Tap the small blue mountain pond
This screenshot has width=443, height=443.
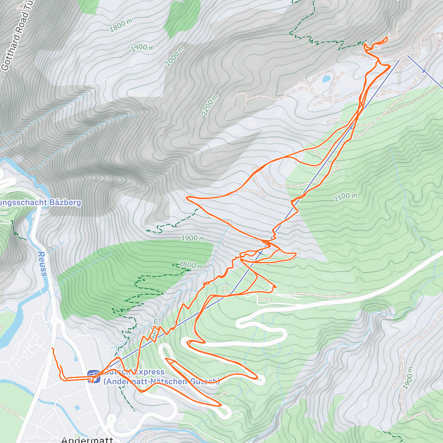[326, 79]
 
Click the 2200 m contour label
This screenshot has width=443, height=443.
[210, 105]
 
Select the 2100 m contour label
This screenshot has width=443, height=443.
[345, 197]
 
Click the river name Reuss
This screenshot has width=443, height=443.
[42, 264]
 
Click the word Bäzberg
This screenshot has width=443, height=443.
[65, 202]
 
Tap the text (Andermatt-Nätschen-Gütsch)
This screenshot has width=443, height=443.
[161, 381]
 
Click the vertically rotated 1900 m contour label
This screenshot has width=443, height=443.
[408, 378]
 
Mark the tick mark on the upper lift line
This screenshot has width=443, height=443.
[423, 71]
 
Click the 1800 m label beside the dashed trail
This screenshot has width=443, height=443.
[190, 265]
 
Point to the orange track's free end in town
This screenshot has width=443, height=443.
[52, 348]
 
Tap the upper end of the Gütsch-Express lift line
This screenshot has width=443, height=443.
[399, 60]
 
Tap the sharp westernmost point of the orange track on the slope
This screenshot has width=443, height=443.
[187, 198]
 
